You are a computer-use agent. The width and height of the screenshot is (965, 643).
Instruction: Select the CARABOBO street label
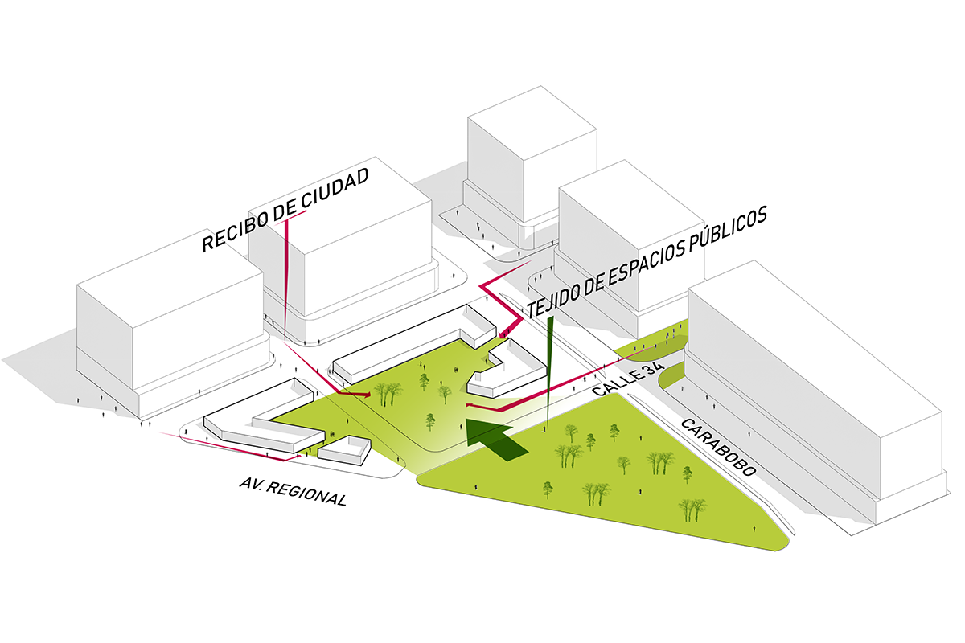(x=718, y=448)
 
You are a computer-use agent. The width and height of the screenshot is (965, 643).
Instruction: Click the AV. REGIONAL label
(x=293, y=491)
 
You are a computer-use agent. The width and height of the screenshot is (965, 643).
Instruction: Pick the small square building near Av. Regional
(x=344, y=451)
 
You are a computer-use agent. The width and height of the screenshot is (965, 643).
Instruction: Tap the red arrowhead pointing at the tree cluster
(x=365, y=395)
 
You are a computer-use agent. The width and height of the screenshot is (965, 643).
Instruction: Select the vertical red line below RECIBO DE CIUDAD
(x=286, y=280)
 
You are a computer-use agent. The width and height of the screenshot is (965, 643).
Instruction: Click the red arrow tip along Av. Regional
(x=297, y=457)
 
